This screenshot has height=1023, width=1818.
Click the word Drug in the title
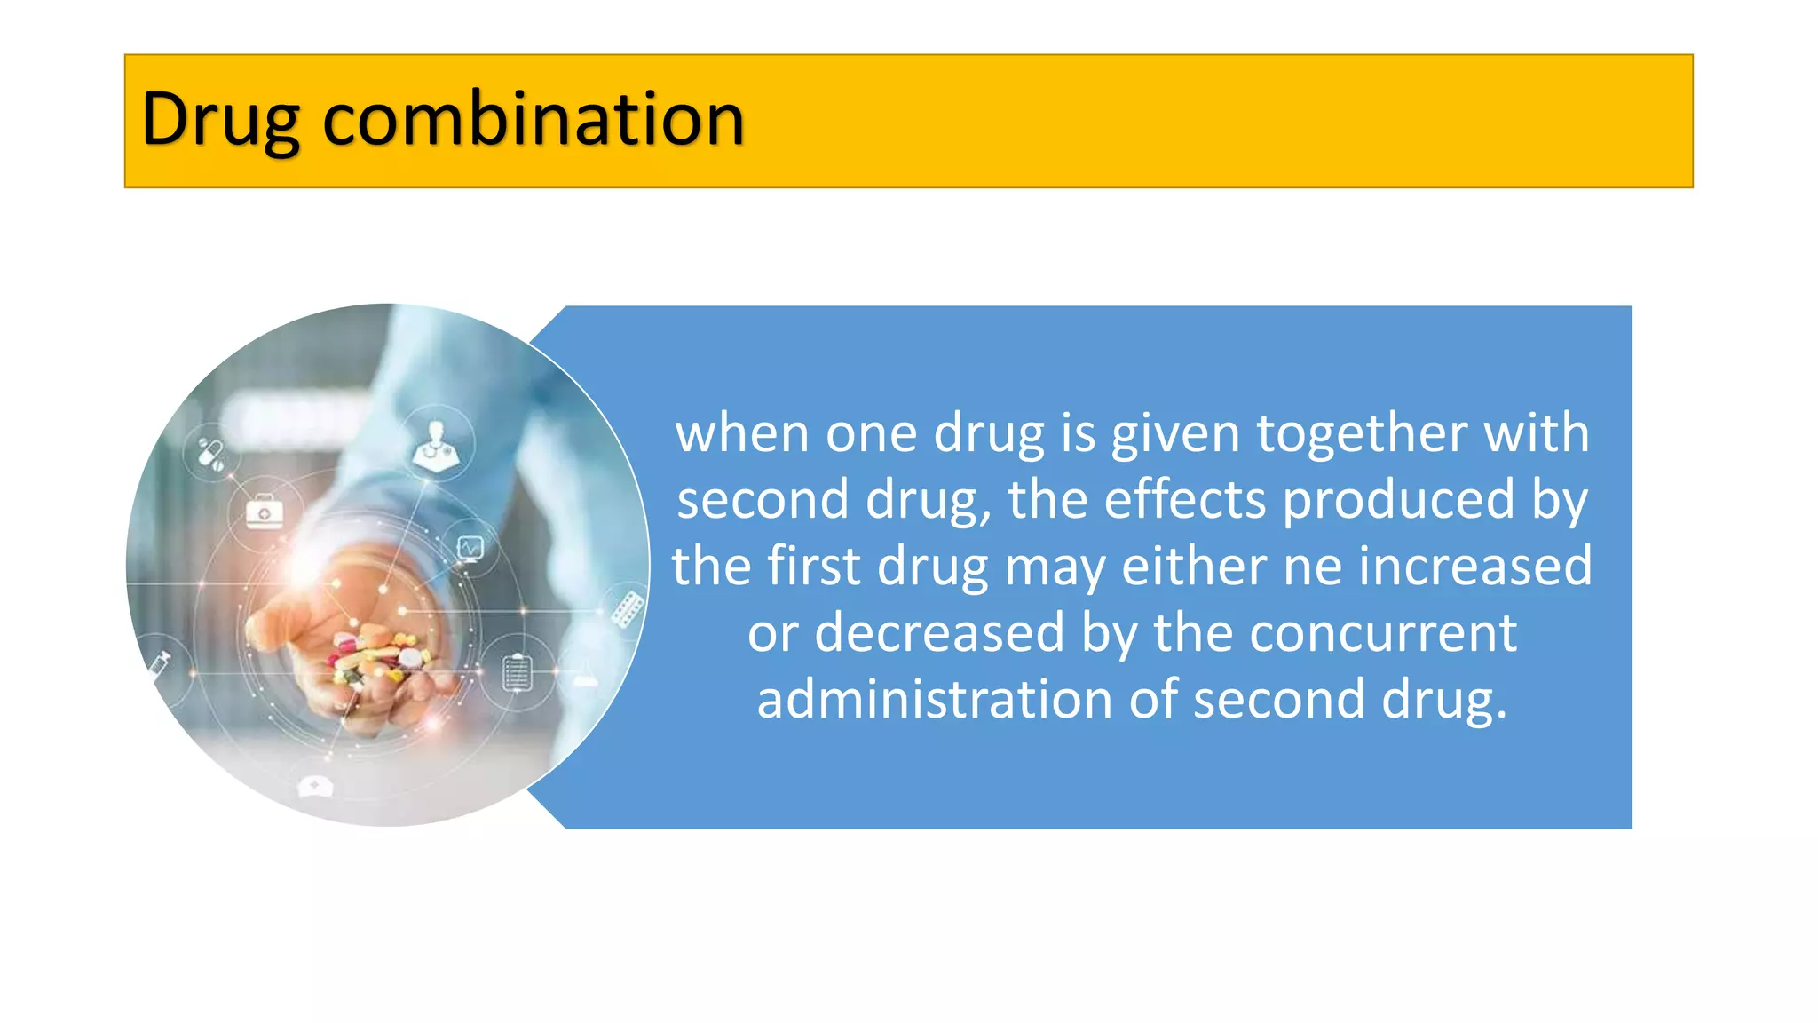220,120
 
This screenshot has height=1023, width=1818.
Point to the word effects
1184,500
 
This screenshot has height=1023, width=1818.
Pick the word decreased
938,633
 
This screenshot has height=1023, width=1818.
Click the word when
742,434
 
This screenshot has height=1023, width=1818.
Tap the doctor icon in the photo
436,444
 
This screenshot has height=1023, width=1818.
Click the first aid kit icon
265,513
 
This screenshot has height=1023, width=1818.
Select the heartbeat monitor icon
470,548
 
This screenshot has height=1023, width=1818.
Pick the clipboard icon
517,671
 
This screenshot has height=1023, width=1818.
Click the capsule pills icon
211,454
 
